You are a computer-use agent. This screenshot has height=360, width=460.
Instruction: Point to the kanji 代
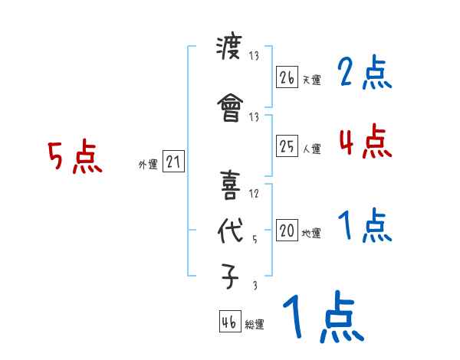[x=230, y=233]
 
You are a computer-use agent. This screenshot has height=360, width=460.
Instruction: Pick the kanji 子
[x=230, y=279]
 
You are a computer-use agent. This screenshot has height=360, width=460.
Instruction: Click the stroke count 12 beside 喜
[x=255, y=194]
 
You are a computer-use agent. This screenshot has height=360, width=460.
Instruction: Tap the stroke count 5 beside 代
[x=255, y=240]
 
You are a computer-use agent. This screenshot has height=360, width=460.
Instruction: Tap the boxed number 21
[x=173, y=162]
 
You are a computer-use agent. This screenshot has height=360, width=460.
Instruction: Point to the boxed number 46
[x=228, y=322]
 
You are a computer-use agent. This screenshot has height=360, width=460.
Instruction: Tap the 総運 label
[x=254, y=325]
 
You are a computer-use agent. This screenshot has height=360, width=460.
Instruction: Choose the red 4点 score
[x=365, y=141]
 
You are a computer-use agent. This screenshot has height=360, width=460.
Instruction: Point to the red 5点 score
[x=75, y=158]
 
